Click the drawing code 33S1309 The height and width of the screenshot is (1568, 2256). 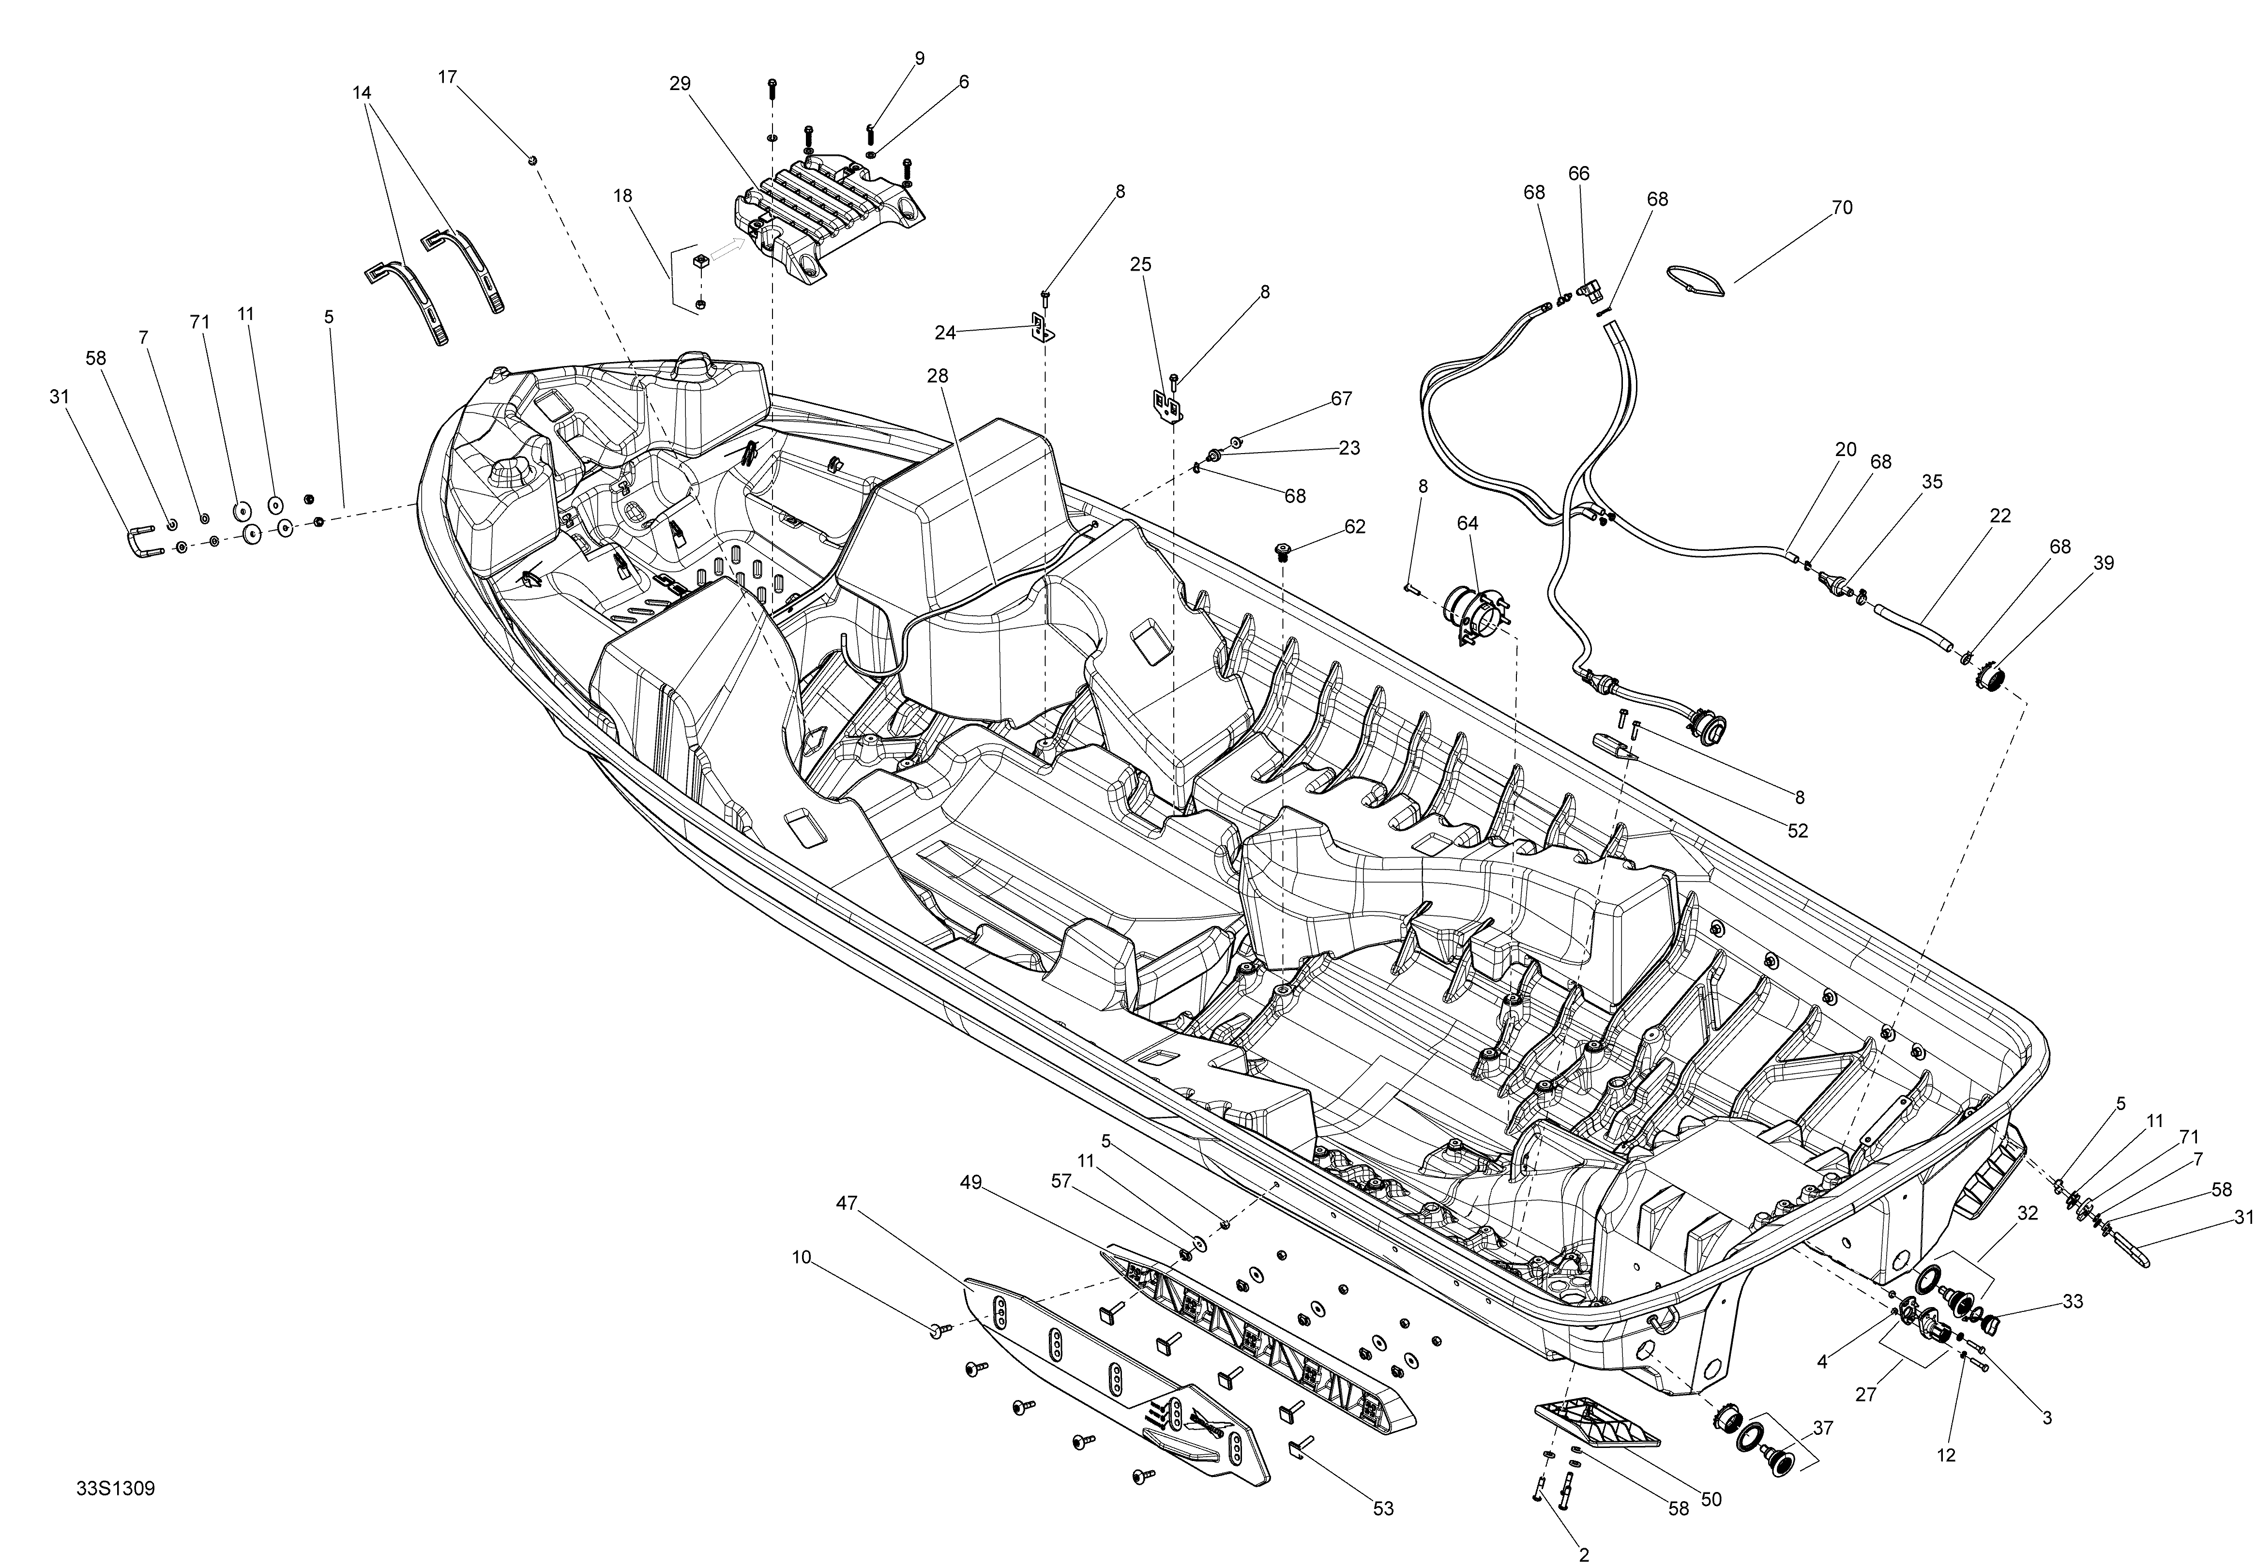[115, 1489]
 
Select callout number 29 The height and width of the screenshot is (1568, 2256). [680, 84]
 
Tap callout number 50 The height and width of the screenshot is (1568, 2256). [1711, 1499]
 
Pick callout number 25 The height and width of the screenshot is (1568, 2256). [1140, 264]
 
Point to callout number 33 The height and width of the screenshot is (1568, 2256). [2073, 1302]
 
